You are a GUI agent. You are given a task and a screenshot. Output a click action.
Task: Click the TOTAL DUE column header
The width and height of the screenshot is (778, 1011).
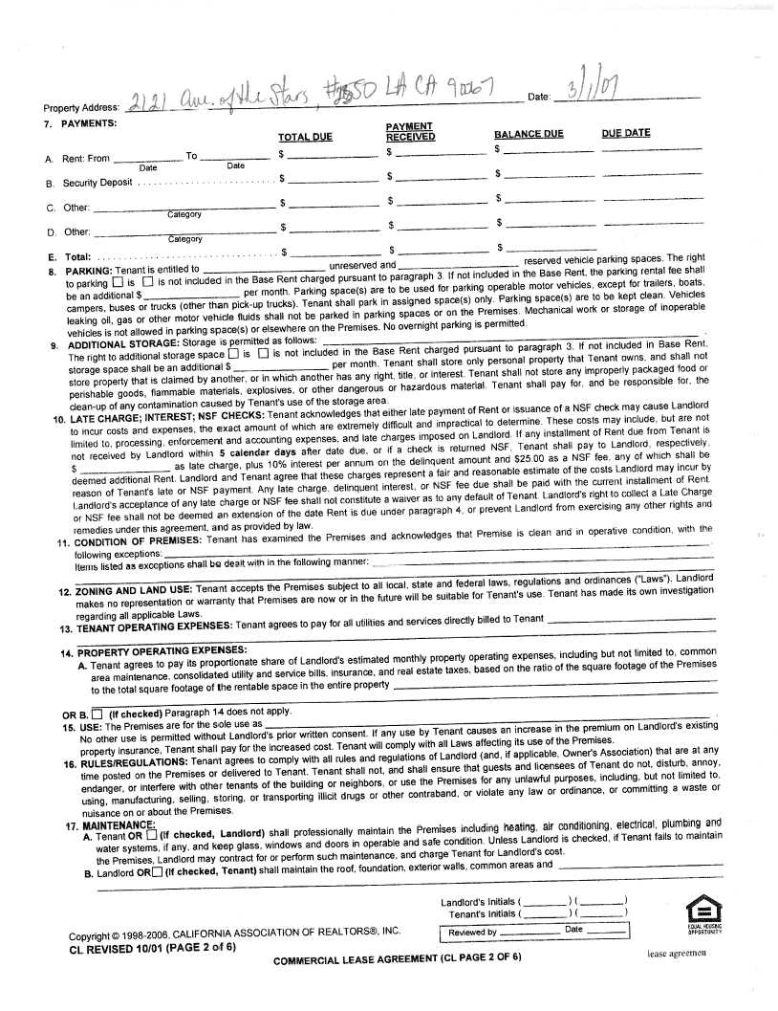(306, 137)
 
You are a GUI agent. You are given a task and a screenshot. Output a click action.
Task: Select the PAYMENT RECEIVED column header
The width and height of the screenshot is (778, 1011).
(411, 132)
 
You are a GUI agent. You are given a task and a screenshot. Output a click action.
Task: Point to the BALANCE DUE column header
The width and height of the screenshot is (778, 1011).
(529, 134)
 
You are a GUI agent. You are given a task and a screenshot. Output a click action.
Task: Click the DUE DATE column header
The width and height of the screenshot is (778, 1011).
(626, 133)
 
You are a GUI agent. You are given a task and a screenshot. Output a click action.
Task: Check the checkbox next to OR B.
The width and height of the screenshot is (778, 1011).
(97, 712)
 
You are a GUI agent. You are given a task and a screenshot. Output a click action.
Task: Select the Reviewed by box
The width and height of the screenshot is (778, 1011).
(534, 932)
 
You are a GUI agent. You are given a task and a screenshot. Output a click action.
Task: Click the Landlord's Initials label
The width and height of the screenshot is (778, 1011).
(479, 902)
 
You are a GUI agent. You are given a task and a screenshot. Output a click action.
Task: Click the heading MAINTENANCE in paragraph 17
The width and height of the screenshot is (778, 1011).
(119, 824)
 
